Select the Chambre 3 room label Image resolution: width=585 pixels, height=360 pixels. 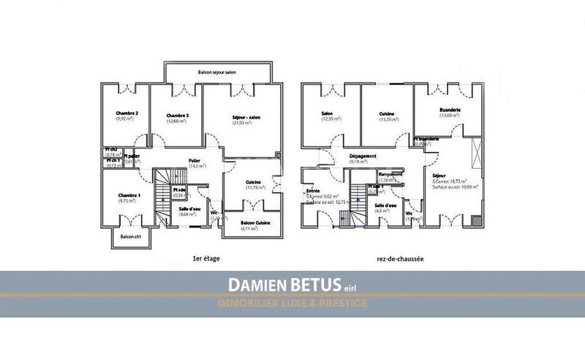[178, 116]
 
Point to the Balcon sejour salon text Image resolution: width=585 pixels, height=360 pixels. [217, 73]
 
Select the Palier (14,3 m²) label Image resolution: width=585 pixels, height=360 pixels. [195, 160]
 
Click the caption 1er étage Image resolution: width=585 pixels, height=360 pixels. [206, 258]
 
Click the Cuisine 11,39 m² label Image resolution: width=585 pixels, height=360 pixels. [388, 113]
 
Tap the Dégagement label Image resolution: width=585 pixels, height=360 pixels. [363, 156]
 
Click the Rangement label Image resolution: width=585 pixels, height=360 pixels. [391, 173]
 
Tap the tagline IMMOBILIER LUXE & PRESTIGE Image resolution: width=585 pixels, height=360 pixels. [293, 302]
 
